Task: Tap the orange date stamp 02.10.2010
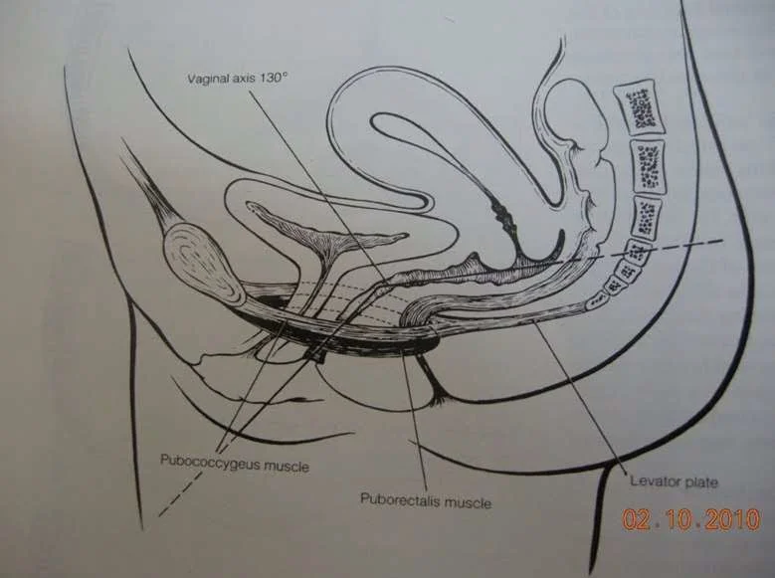pos(691,519)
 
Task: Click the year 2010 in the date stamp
pos(732,519)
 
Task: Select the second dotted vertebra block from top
pos(648,163)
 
